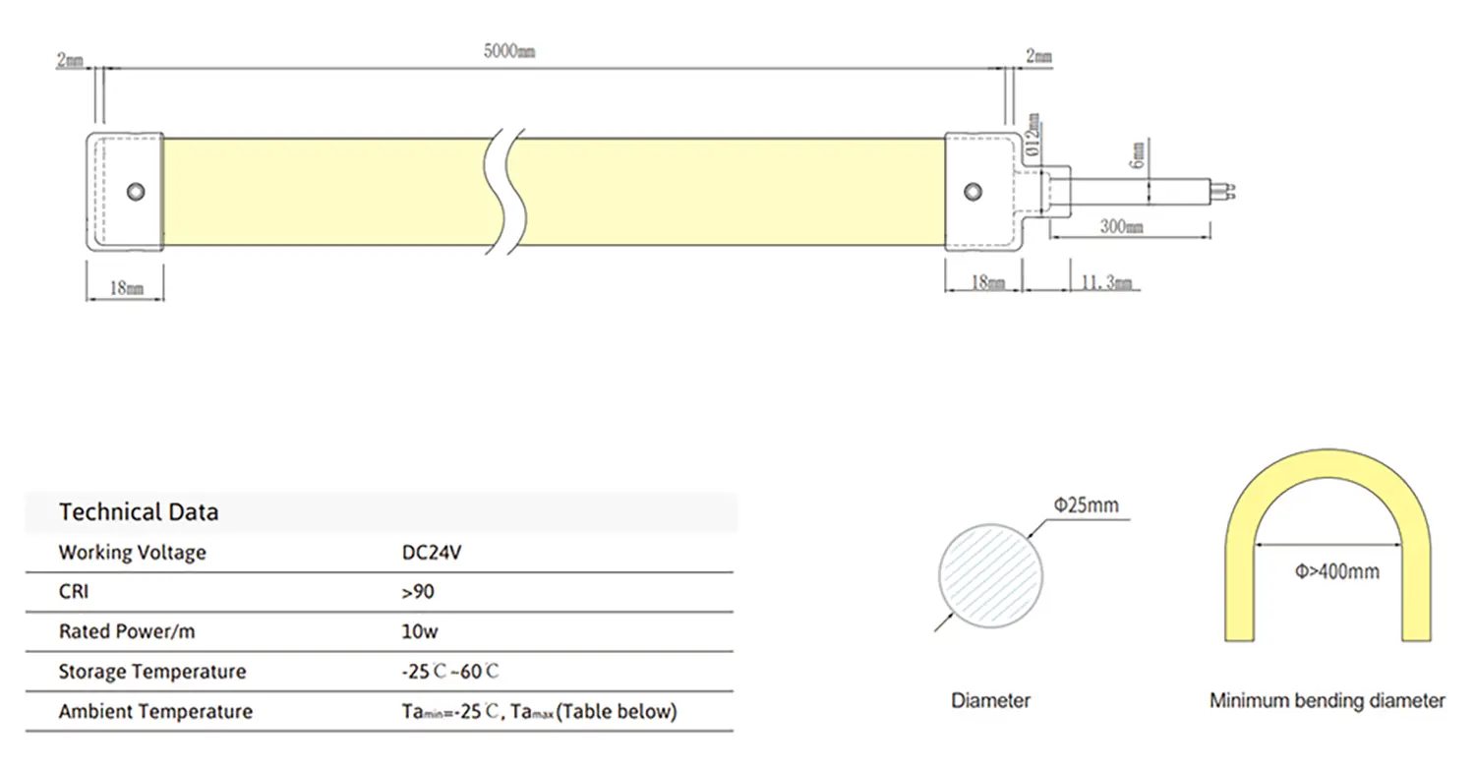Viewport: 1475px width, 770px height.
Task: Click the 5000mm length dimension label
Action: click(509, 52)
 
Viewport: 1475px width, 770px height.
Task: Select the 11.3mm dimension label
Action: click(1106, 283)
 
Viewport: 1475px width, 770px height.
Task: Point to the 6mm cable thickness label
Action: click(1138, 154)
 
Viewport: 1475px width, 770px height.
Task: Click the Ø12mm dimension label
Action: click(1032, 135)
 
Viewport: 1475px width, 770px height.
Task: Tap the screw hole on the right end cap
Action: click(973, 190)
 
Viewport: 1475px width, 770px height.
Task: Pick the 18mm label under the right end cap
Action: click(987, 283)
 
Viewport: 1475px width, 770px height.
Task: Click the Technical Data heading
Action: click(139, 512)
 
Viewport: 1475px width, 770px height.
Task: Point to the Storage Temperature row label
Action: click(152, 672)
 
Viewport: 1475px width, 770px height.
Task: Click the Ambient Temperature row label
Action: click(155, 711)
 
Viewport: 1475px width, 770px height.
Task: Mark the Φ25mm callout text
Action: click(1086, 505)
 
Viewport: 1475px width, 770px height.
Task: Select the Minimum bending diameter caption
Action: click(1327, 701)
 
